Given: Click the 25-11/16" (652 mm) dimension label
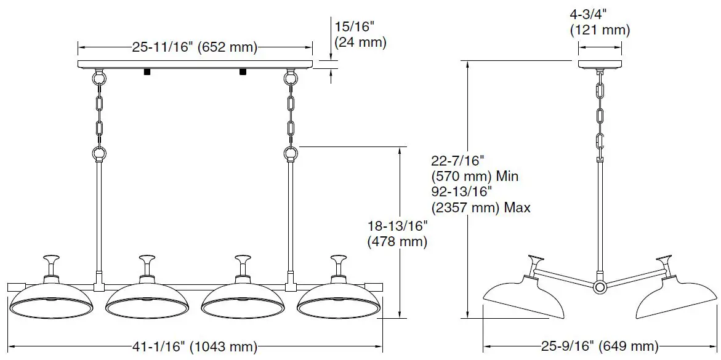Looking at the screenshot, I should click(x=195, y=47).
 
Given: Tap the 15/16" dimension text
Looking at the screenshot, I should click(x=355, y=27).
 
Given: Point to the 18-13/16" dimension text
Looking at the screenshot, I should click(x=397, y=226).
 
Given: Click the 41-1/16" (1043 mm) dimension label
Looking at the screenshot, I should click(x=195, y=346).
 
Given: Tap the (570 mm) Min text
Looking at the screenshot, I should click(x=474, y=177).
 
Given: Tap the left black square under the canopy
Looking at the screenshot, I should click(x=148, y=71).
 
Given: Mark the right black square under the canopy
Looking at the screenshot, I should click(x=243, y=71).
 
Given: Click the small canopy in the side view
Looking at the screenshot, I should click(x=600, y=63).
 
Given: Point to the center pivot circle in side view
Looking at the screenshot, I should click(x=600, y=287).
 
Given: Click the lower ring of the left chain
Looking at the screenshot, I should click(x=99, y=153).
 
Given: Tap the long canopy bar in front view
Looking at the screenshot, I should click(x=195, y=63).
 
